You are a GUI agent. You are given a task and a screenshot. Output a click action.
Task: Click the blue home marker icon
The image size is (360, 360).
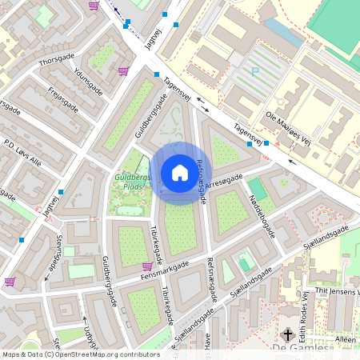pyautogui.click(x=179, y=173)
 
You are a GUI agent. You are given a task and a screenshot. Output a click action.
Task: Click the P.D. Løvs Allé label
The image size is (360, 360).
pyautogui.click(x=22, y=152)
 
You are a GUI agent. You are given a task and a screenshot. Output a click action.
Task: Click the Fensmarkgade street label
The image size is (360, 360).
pyautogui.click(x=165, y=272)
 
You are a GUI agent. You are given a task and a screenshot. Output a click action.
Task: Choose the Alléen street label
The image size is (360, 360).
pyautogui.click(x=345, y=339)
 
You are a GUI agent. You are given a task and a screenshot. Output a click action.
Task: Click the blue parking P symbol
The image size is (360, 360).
pyautogui.click(x=256, y=70)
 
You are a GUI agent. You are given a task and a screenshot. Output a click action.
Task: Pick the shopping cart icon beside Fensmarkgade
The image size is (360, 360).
pyautogui.click(x=146, y=266)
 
